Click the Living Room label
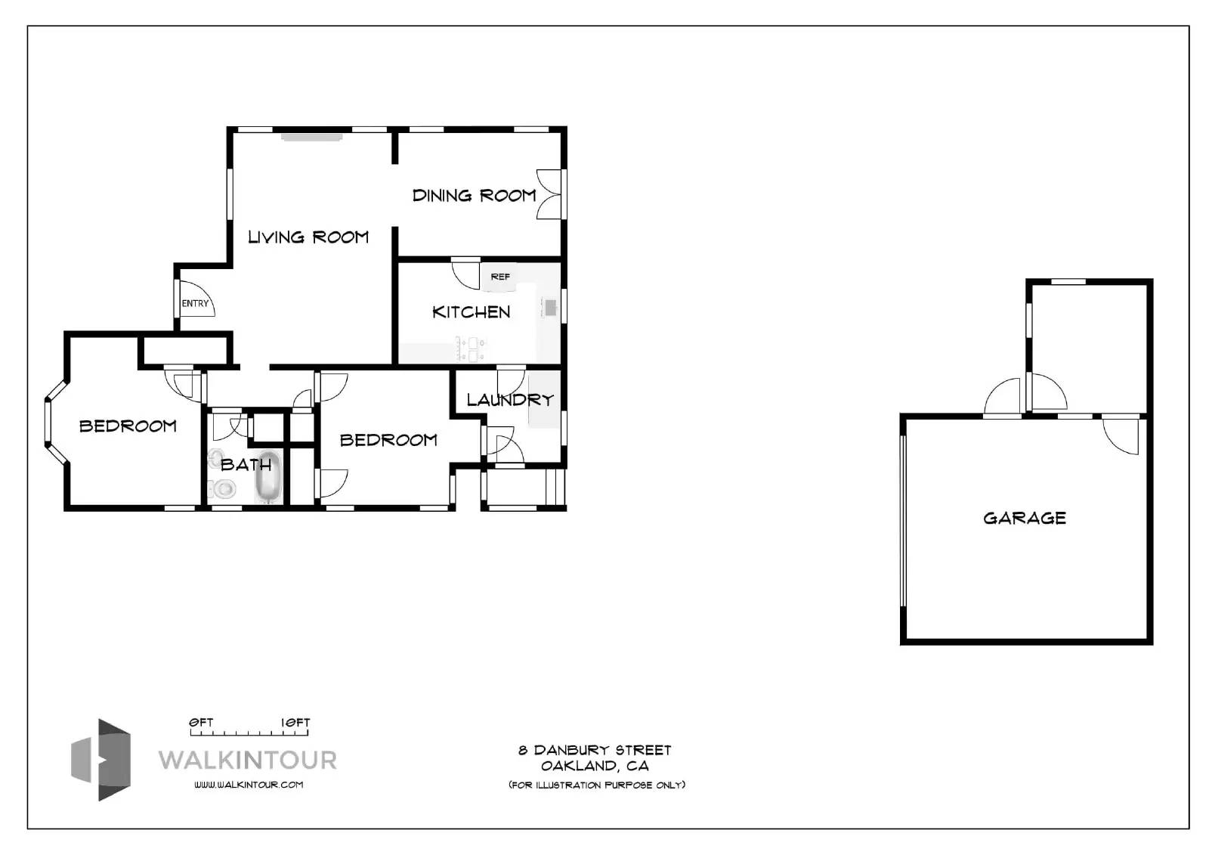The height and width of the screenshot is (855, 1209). click(x=308, y=237)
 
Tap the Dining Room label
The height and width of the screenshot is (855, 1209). click(x=475, y=196)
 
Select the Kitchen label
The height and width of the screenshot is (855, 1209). click(x=472, y=312)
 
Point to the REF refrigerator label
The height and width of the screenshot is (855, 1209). click(x=500, y=277)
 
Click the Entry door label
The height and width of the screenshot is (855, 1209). click(x=195, y=304)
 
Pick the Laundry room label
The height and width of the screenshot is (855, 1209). click(x=510, y=400)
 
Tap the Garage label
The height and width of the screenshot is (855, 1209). click(x=1025, y=519)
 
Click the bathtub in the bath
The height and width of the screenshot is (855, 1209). click(x=268, y=476)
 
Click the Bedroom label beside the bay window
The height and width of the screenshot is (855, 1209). click(x=128, y=426)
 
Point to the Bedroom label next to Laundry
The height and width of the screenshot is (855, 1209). click(x=388, y=440)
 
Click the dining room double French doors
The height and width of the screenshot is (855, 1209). click(x=549, y=194)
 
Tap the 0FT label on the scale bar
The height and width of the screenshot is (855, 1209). click(x=201, y=723)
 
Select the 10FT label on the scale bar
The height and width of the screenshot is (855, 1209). click(x=295, y=723)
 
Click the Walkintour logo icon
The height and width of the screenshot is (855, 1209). click(x=101, y=760)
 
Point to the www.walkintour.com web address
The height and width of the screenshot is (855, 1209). click(x=249, y=785)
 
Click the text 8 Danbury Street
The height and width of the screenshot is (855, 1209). click(x=595, y=750)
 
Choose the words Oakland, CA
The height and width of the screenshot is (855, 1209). click(x=595, y=766)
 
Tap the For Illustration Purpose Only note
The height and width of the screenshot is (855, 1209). click(x=597, y=785)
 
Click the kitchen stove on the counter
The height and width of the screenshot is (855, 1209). click(x=471, y=349)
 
